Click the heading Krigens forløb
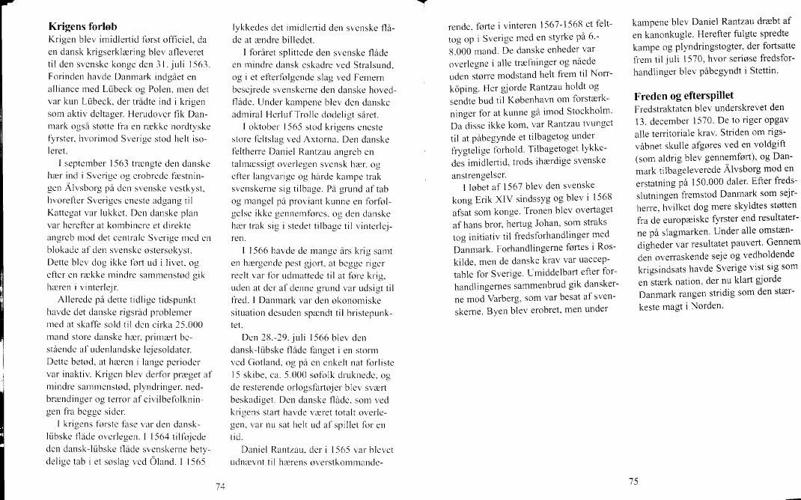coord(80,25)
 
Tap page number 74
coord(219,487)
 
